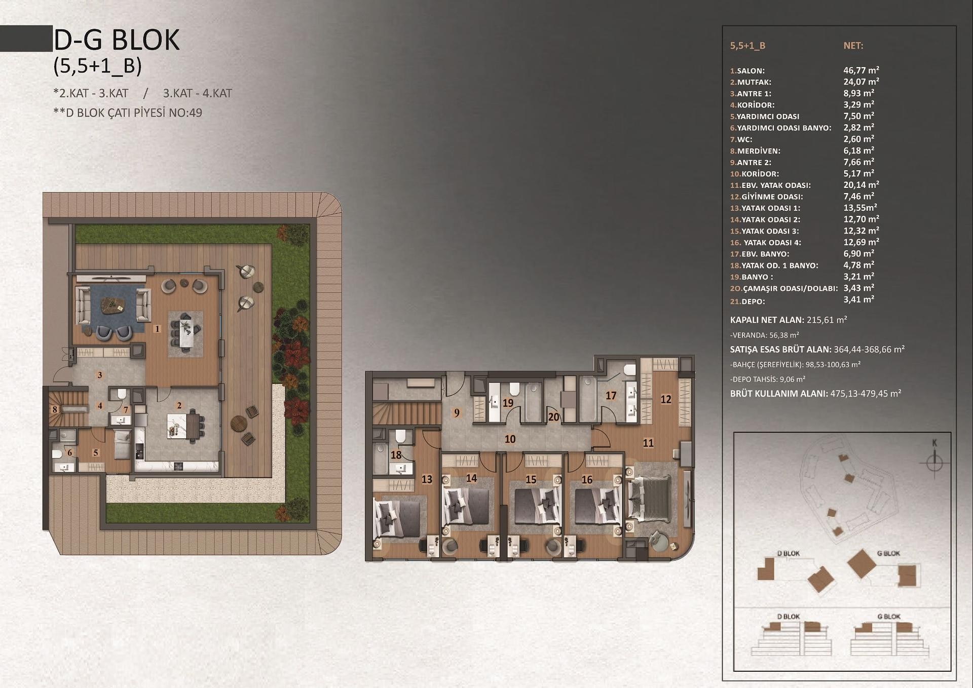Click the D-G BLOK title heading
click(117, 40)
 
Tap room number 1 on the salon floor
click(158, 329)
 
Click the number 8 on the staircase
click(55, 409)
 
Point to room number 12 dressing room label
click(666, 399)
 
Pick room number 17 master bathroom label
click(611, 396)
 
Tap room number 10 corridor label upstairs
click(510, 439)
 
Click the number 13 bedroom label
click(427, 479)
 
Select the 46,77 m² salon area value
click(861, 70)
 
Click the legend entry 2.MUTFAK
click(751, 82)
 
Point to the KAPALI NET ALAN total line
click(789, 320)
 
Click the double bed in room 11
click(650, 497)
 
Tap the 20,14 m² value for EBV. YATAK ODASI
click(861, 185)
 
